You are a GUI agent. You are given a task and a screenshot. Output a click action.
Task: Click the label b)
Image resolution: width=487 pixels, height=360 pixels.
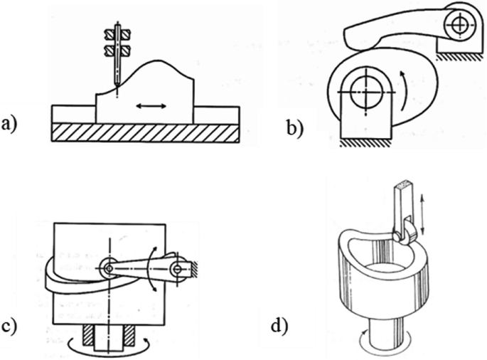click(x=293, y=128)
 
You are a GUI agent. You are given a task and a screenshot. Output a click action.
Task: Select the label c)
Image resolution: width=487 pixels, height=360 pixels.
click(x=11, y=328)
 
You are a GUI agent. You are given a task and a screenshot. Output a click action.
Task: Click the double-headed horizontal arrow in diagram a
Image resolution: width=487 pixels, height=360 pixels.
click(x=152, y=106)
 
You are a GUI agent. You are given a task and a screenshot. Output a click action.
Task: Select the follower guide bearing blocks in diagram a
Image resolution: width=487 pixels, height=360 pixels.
click(x=117, y=41)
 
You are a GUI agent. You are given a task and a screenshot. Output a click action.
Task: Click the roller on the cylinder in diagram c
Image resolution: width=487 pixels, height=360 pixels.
click(x=109, y=268)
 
